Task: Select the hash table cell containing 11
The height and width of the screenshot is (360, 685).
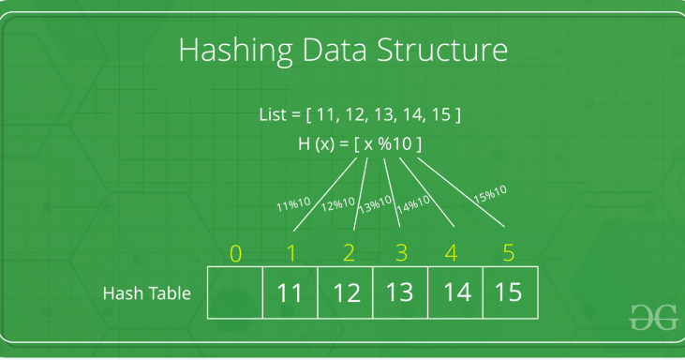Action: pyautogui.click(x=290, y=292)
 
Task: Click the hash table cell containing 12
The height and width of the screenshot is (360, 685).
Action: pyautogui.click(x=346, y=292)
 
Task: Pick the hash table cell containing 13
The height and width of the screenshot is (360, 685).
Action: pyautogui.click(x=400, y=292)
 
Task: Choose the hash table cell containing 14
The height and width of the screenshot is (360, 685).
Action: pyautogui.click(x=455, y=292)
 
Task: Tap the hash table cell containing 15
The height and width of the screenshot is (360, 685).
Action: pyautogui.click(x=510, y=292)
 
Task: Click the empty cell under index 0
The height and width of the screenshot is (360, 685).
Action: pyautogui.click(x=235, y=292)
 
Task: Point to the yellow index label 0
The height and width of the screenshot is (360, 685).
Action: pyautogui.click(x=235, y=253)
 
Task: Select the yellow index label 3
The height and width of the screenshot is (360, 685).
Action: pyautogui.click(x=402, y=253)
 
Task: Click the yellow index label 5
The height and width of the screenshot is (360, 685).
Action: pyautogui.click(x=509, y=253)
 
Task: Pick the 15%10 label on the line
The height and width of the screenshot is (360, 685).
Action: pyautogui.click(x=489, y=193)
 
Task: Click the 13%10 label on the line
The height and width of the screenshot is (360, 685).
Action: pyautogui.click(x=375, y=203)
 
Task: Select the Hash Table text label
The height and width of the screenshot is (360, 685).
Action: pyautogui.click(x=146, y=293)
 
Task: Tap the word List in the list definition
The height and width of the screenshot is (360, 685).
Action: pyautogui.click(x=274, y=115)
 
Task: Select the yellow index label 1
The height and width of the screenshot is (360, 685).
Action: pyautogui.click(x=290, y=253)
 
